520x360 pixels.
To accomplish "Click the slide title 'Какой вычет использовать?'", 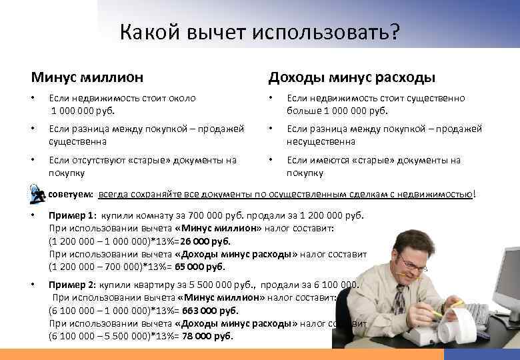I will [x=261, y=33].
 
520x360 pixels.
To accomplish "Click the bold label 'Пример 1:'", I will [x=73, y=216].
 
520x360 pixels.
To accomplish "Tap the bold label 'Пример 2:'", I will [x=73, y=285].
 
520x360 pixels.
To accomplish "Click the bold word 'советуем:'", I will [x=71, y=194].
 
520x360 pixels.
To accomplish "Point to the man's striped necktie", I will [x=399, y=303].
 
